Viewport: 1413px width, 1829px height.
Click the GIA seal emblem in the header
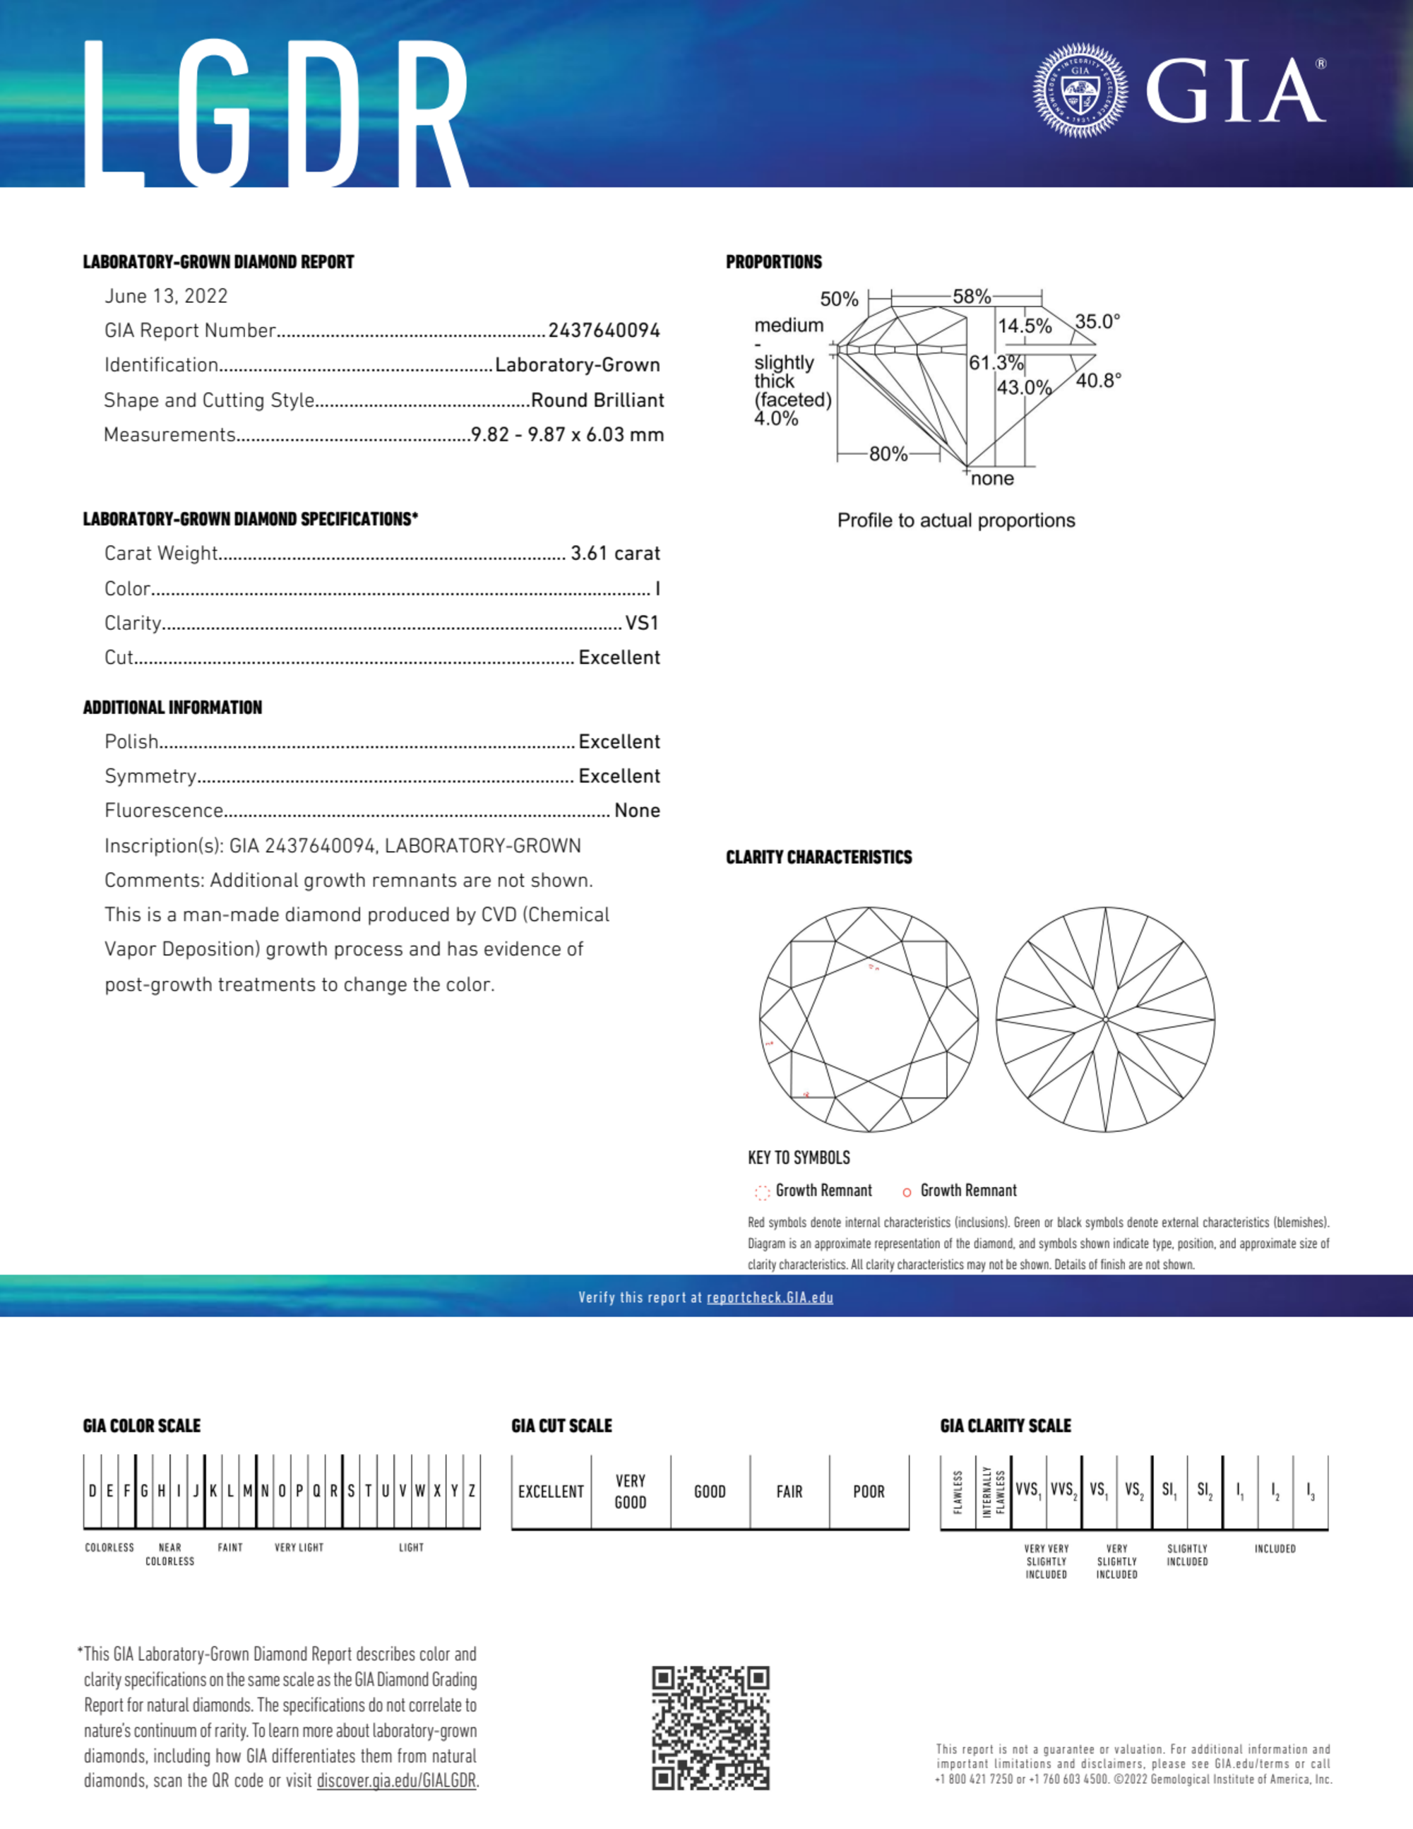point(1080,90)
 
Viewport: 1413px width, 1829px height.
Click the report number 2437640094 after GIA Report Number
point(604,330)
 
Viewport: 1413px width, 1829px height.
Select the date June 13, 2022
point(166,297)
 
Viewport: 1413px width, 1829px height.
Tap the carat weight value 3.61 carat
point(615,554)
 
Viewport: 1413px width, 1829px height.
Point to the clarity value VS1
point(642,623)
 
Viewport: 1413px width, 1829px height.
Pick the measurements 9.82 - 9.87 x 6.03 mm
point(567,434)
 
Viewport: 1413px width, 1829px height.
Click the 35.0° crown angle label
point(1097,321)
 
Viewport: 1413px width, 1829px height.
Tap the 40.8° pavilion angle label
point(1098,381)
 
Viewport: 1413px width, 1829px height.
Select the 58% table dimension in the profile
point(972,297)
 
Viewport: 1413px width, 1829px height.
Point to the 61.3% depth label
point(996,362)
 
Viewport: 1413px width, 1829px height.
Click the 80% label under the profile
point(888,454)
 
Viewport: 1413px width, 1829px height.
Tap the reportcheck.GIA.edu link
point(770,1297)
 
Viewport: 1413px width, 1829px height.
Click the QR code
point(710,1727)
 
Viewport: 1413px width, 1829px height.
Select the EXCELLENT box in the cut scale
point(550,1491)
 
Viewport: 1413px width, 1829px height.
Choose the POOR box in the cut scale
point(869,1491)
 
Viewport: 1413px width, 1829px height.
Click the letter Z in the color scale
point(472,1491)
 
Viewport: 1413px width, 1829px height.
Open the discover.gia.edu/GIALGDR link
point(396,1780)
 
